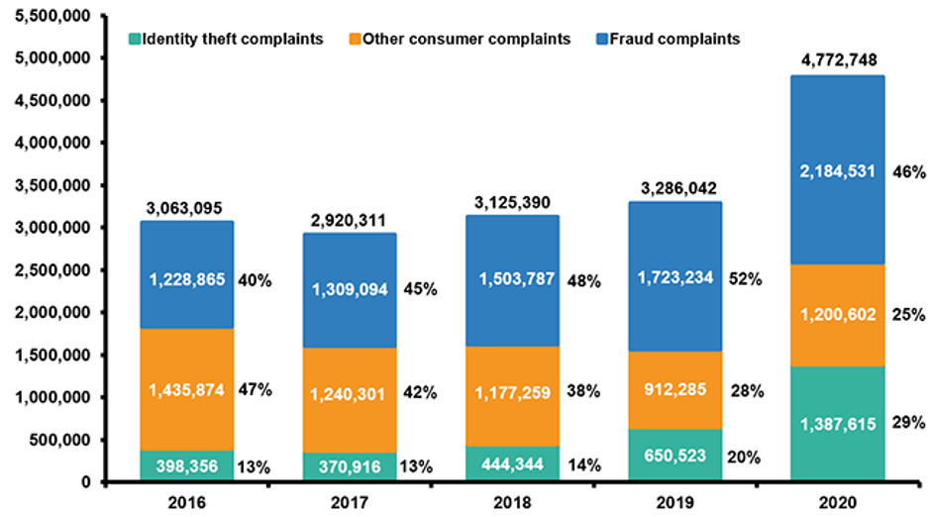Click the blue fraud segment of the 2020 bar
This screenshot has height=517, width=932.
(837, 169)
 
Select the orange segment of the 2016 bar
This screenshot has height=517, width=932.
(187, 389)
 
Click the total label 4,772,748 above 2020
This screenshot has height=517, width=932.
(837, 58)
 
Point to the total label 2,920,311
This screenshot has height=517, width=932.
(350, 220)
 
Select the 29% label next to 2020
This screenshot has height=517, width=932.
(908, 422)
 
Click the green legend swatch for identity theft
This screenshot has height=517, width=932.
(135, 40)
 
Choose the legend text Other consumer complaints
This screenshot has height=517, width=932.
(466, 40)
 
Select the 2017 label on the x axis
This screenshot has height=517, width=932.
(350, 502)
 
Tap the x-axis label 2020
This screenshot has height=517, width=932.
(837, 502)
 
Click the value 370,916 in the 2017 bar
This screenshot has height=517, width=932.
(350, 465)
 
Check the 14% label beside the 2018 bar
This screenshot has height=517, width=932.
(583, 463)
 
